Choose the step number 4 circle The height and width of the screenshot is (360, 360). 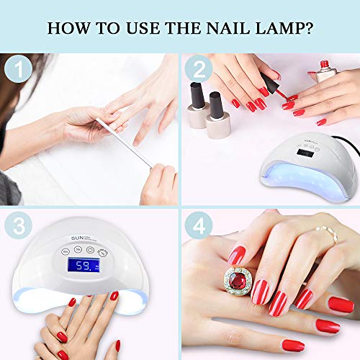tap(198, 225)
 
